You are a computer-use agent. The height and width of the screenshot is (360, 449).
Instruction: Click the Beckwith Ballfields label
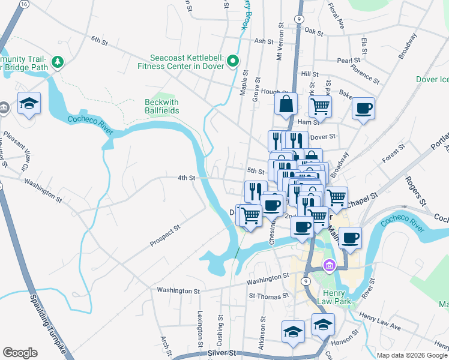(162, 106)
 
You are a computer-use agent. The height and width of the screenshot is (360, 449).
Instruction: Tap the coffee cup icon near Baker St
(363, 108)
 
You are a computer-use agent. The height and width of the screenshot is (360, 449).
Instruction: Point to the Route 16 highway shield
(23, 4)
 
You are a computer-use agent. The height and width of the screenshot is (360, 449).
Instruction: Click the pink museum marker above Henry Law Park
(329, 265)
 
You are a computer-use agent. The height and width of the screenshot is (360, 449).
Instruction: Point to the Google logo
(20, 353)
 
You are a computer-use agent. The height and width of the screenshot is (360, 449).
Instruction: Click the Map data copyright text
(412, 355)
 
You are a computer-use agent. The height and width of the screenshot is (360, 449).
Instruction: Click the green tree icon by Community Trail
(58, 62)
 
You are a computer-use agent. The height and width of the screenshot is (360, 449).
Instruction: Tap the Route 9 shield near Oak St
(298, 19)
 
